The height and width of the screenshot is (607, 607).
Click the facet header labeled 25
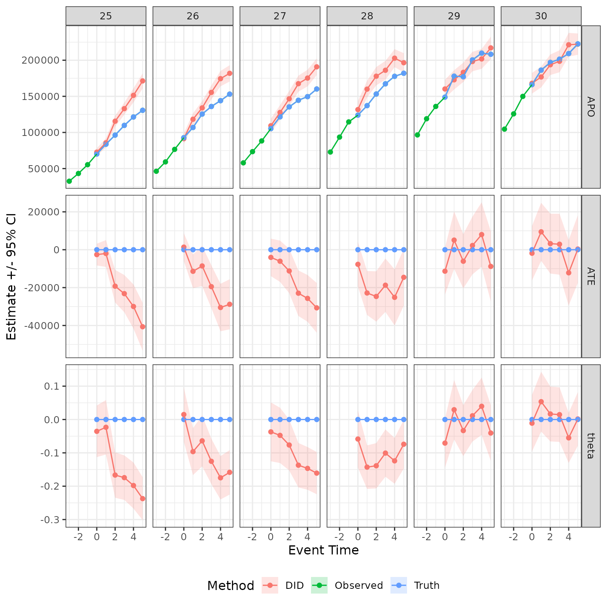tap(106, 16)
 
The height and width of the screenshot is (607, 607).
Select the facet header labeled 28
tap(367, 16)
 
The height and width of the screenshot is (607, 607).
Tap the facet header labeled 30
tap(541, 16)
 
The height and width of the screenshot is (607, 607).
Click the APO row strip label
tap(590, 107)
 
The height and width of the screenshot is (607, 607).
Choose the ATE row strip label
tap(590, 276)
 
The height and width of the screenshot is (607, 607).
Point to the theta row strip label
tap(590, 445)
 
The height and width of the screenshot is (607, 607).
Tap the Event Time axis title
tap(323, 550)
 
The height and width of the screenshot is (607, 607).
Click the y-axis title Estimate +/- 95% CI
tap(11, 276)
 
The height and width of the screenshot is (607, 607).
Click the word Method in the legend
tap(230, 586)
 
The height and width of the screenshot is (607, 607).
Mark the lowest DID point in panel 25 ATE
tap(143, 326)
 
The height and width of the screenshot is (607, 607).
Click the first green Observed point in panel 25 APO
tap(69, 181)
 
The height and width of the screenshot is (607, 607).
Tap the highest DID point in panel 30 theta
tap(541, 402)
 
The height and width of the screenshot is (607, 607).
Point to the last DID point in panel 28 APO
tap(403, 62)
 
